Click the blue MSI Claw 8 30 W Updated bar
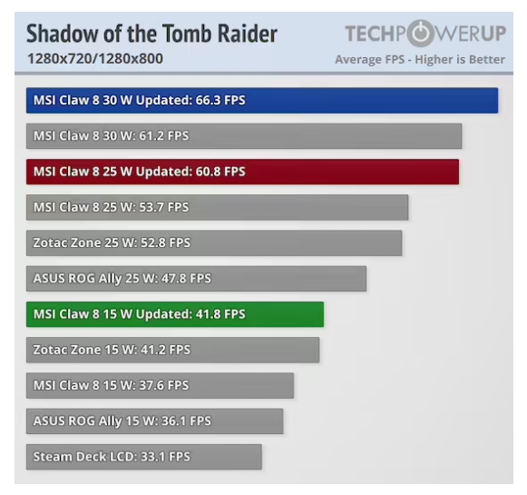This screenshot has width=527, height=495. tap(262, 100)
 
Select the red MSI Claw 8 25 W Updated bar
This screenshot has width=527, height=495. tap(243, 172)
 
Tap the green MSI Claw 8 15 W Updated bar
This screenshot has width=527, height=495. tap(175, 314)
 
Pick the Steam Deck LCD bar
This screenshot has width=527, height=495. tap(144, 457)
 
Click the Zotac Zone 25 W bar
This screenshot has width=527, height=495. tap(214, 243)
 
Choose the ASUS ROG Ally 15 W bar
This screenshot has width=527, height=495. tap(154, 421)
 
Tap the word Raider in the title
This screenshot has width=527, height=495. tap(248, 34)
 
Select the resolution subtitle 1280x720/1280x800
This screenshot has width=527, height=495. tap(95, 59)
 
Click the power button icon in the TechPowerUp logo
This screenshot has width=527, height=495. tap(421, 34)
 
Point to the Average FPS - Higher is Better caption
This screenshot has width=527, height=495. tap(420, 60)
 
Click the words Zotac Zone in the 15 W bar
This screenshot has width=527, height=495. tap(67, 350)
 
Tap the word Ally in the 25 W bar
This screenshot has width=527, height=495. tap(110, 279)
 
